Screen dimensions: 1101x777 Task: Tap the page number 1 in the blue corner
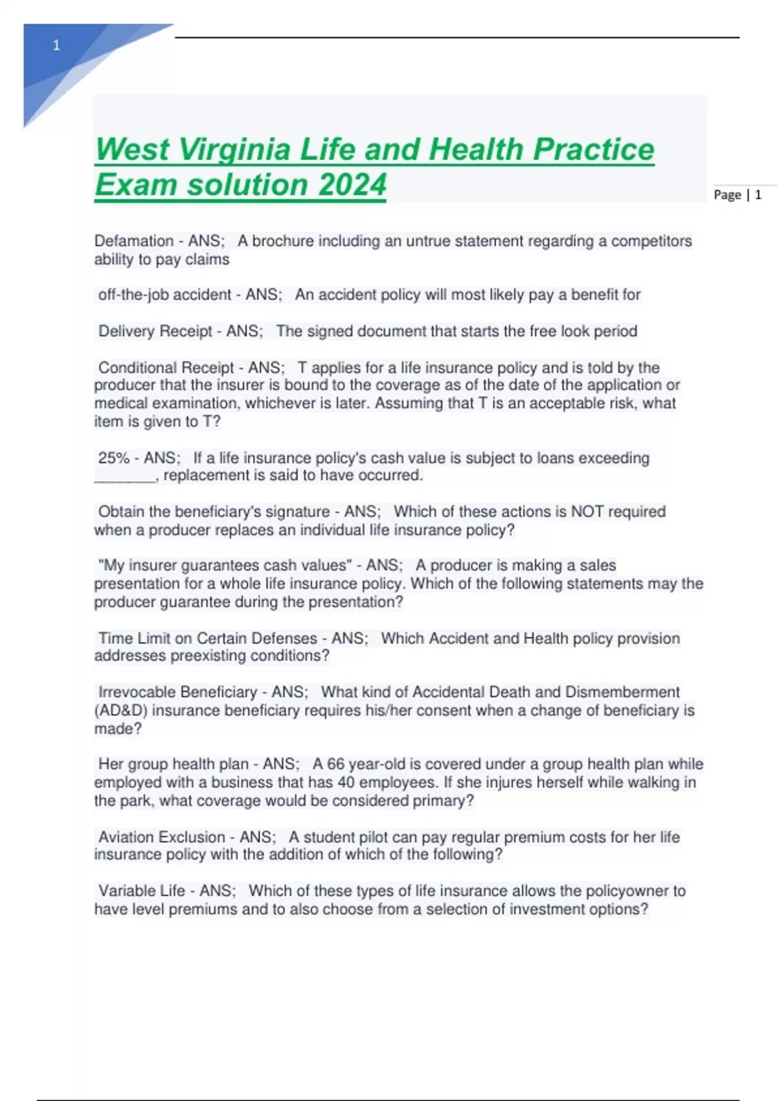pyautogui.click(x=57, y=45)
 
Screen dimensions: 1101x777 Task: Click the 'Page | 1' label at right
pyautogui.click(x=738, y=195)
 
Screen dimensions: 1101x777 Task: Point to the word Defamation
pyautogui.click(x=134, y=241)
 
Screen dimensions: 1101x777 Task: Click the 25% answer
pyautogui.click(x=114, y=458)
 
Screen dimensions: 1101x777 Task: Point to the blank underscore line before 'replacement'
pyautogui.click(x=125, y=477)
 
